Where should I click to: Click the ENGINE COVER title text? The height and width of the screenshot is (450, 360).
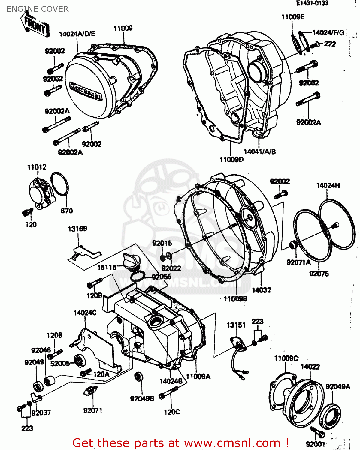pyautogui.click(x=37, y=9)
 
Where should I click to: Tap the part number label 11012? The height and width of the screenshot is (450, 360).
pyautogui.click(x=37, y=167)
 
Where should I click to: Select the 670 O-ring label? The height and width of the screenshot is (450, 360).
pyautogui.click(x=66, y=211)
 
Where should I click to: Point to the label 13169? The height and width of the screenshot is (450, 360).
pyautogui.click(x=77, y=229)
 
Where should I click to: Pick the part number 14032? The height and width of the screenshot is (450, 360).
pyautogui.click(x=261, y=290)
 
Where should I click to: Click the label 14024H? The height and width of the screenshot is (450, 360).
pyautogui.click(x=328, y=186)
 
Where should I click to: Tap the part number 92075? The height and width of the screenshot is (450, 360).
pyautogui.click(x=319, y=274)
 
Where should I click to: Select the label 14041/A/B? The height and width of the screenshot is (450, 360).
pyautogui.click(x=259, y=152)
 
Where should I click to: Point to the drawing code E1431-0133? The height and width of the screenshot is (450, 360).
pyautogui.click(x=312, y=3)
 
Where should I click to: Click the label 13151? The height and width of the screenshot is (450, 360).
pyautogui.click(x=236, y=325)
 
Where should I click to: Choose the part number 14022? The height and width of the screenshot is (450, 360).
pyautogui.click(x=310, y=367)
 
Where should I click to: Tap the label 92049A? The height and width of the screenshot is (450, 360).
pyautogui.click(x=338, y=387)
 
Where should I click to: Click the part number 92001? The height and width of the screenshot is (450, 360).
pyautogui.click(x=316, y=444)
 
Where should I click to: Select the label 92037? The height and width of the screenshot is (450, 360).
pyautogui.click(x=41, y=413)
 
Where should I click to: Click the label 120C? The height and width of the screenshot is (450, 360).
pyautogui.click(x=172, y=412)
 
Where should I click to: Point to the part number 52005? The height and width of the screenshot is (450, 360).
pyautogui.click(x=60, y=364)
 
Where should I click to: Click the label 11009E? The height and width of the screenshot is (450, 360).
pyautogui.click(x=292, y=17)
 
